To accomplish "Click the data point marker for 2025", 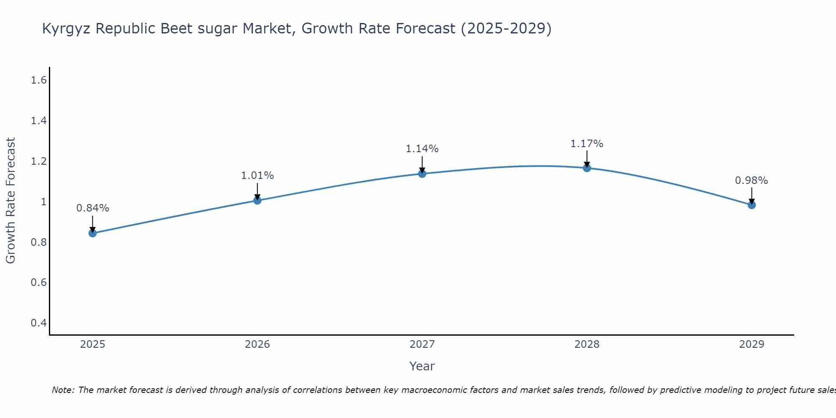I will pos(93,233).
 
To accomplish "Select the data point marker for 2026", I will pos(257,200).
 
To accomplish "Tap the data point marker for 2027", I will pos(422,173).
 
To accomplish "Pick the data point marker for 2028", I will pos(587,168).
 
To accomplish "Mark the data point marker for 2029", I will pos(752,205).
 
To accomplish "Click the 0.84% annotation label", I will pos(93,208).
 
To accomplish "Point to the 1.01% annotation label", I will pos(257,176).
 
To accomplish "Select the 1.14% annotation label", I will pos(422,148).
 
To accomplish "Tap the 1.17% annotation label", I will pos(587,143).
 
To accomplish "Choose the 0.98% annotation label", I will pos(752,180).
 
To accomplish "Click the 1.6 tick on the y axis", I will pos(38,80).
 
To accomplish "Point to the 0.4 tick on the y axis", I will pos(38,323).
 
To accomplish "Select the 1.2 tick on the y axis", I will pos(38,161).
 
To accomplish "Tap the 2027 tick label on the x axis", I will pos(422,344).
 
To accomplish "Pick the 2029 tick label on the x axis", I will pos(752,344).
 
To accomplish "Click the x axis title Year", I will pos(422,366).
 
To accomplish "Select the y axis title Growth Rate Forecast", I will pos(10,201).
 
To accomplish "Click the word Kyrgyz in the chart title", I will pos(67,28).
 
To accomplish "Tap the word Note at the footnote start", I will pos(63,390).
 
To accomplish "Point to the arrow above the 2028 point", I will pos(587,159).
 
